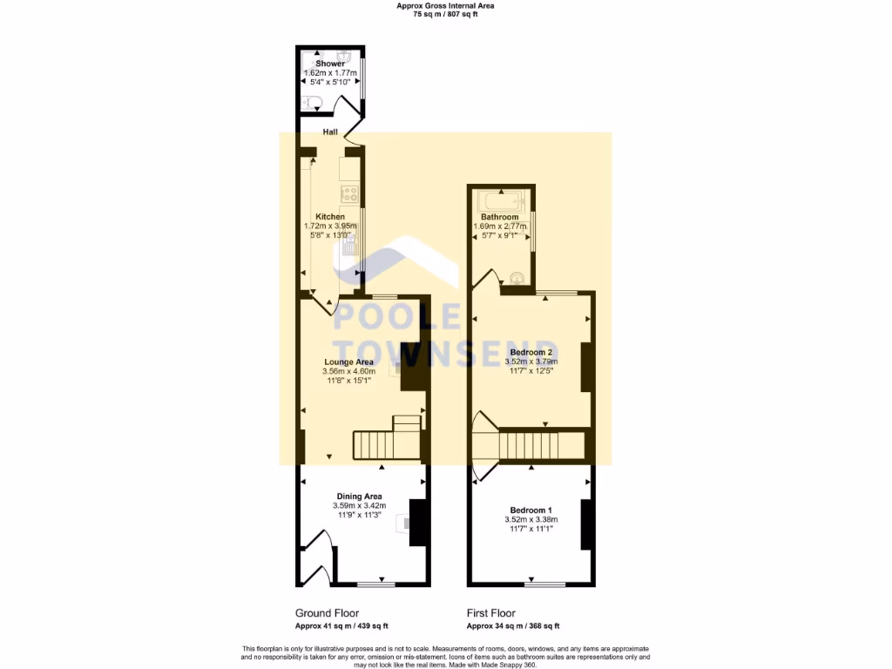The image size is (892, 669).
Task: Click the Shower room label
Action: click(330, 64)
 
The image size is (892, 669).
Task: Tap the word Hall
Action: click(330, 132)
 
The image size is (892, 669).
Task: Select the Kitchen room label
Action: click(330, 217)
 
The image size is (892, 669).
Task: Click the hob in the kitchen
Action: click(350, 193)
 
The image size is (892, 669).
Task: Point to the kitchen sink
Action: click(350, 245)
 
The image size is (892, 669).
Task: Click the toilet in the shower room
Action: click(312, 104)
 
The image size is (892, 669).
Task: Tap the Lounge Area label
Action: click(348, 362)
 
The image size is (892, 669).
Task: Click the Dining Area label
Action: click(359, 497)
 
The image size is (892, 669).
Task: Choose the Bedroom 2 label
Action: click(531, 352)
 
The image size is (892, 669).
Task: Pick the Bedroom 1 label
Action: click(530, 510)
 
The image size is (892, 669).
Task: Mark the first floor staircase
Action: click(540, 445)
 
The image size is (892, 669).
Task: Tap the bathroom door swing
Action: click(488, 280)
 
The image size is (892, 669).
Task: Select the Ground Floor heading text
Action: click(327, 613)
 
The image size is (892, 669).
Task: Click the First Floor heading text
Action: click(490, 613)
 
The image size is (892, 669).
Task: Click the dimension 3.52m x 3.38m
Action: click(530, 520)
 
